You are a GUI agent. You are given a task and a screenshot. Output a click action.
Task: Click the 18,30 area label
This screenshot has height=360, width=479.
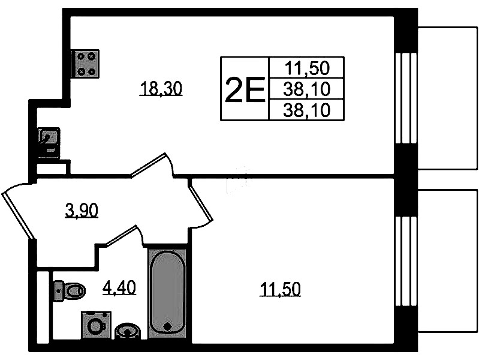tap(161, 89)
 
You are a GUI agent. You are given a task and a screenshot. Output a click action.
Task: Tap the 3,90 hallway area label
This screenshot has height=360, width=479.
tap(82, 211)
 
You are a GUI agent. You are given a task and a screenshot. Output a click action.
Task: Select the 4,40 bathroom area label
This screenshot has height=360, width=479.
tap(119, 288)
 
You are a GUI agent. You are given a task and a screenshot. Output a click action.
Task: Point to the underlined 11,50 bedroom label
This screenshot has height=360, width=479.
tap(280, 289)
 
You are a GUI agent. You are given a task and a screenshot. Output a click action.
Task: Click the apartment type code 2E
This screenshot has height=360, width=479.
tap(245, 89)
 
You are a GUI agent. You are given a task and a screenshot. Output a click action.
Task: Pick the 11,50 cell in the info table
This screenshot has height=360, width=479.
tap(307, 68)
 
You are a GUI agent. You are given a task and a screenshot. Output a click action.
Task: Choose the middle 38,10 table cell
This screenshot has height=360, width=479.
tap(307, 89)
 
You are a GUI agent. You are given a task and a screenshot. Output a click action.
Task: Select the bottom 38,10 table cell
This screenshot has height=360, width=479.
tap(307, 110)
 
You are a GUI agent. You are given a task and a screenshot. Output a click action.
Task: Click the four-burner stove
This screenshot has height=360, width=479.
tap(86, 64)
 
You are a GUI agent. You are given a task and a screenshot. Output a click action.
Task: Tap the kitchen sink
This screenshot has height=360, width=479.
tap(49, 143)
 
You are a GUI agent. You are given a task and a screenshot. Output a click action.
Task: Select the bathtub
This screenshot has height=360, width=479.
tap(167, 293)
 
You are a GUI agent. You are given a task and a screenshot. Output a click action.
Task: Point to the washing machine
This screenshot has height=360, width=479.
tap(96, 325)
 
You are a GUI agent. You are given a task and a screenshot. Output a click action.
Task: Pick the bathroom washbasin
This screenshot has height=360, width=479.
tap(128, 331)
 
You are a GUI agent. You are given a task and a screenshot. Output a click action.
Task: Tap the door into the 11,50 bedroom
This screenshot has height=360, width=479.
tap(200, 202)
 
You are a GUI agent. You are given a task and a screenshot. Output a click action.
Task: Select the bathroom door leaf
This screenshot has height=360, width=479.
tap(121, 235)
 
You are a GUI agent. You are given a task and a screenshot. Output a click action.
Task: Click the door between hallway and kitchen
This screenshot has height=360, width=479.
tap(149, 165)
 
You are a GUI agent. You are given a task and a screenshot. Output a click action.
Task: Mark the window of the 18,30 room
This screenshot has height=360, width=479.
tap(406, 98)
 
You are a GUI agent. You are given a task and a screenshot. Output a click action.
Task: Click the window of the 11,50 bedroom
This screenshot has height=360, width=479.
tap(406, 261)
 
